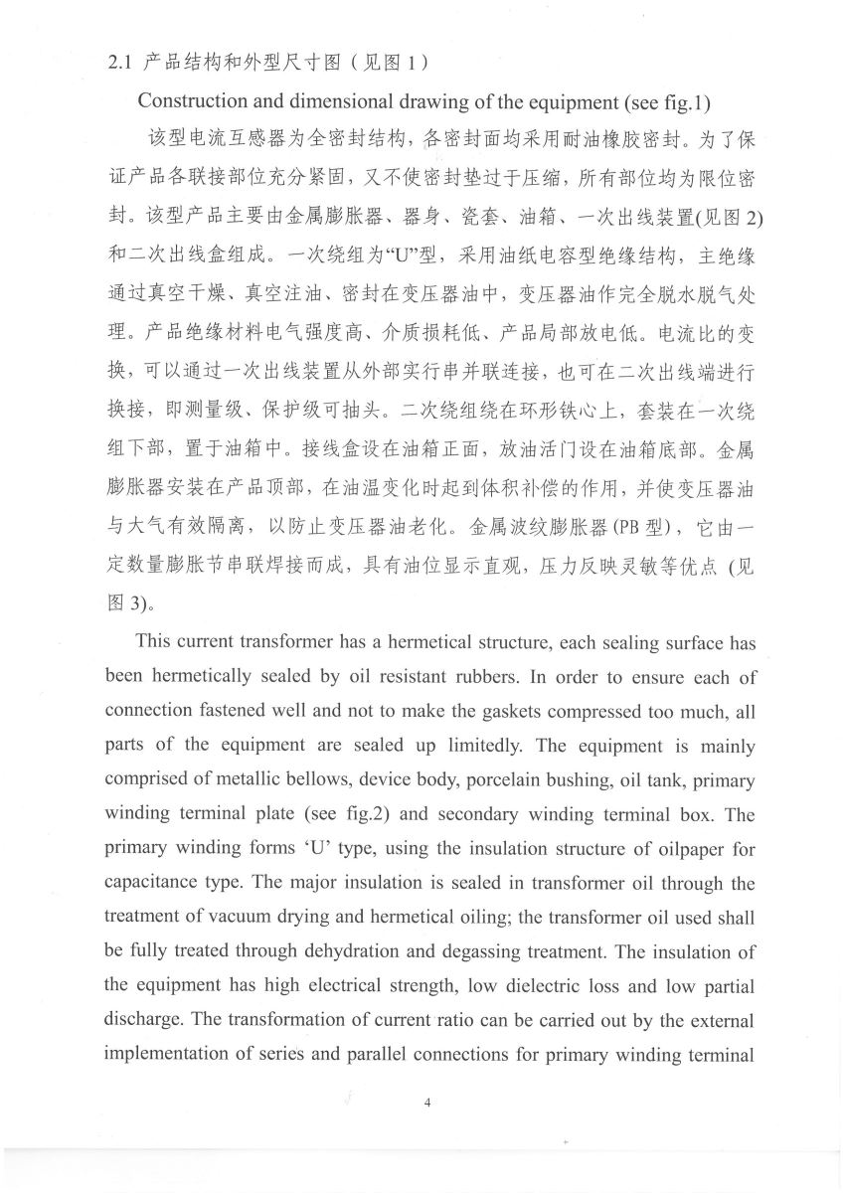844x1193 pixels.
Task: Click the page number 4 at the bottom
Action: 424,1102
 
